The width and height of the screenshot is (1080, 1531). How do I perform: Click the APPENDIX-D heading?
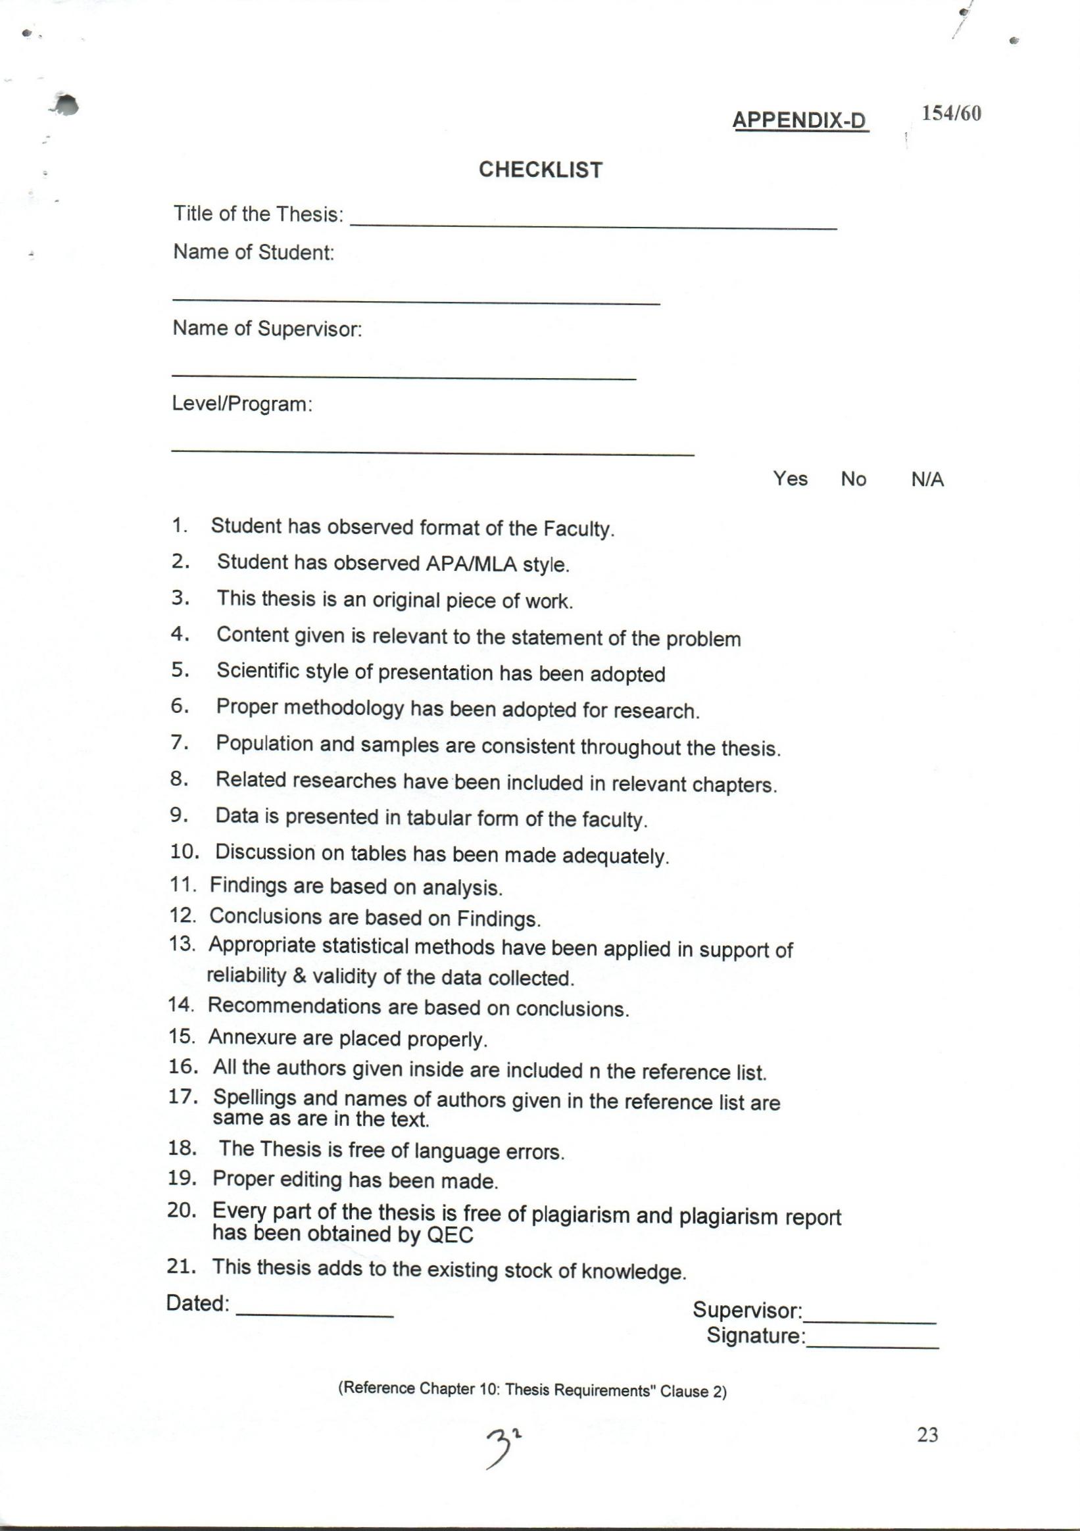click(800, 120)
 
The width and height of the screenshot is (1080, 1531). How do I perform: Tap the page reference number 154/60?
click(951, 113)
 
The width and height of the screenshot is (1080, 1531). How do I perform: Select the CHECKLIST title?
click(541, 170)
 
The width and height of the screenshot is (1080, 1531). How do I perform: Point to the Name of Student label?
click(253, 252)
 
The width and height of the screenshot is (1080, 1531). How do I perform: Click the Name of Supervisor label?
click(267, 328)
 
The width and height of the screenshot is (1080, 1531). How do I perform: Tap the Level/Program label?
click(242, 403)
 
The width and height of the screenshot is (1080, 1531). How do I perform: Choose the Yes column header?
click(791, 478)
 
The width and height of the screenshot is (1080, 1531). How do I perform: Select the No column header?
click(853, 479)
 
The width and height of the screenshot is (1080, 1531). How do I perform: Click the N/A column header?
click(927, 479)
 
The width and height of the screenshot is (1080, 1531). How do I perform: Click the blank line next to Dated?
click(315, 1313)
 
